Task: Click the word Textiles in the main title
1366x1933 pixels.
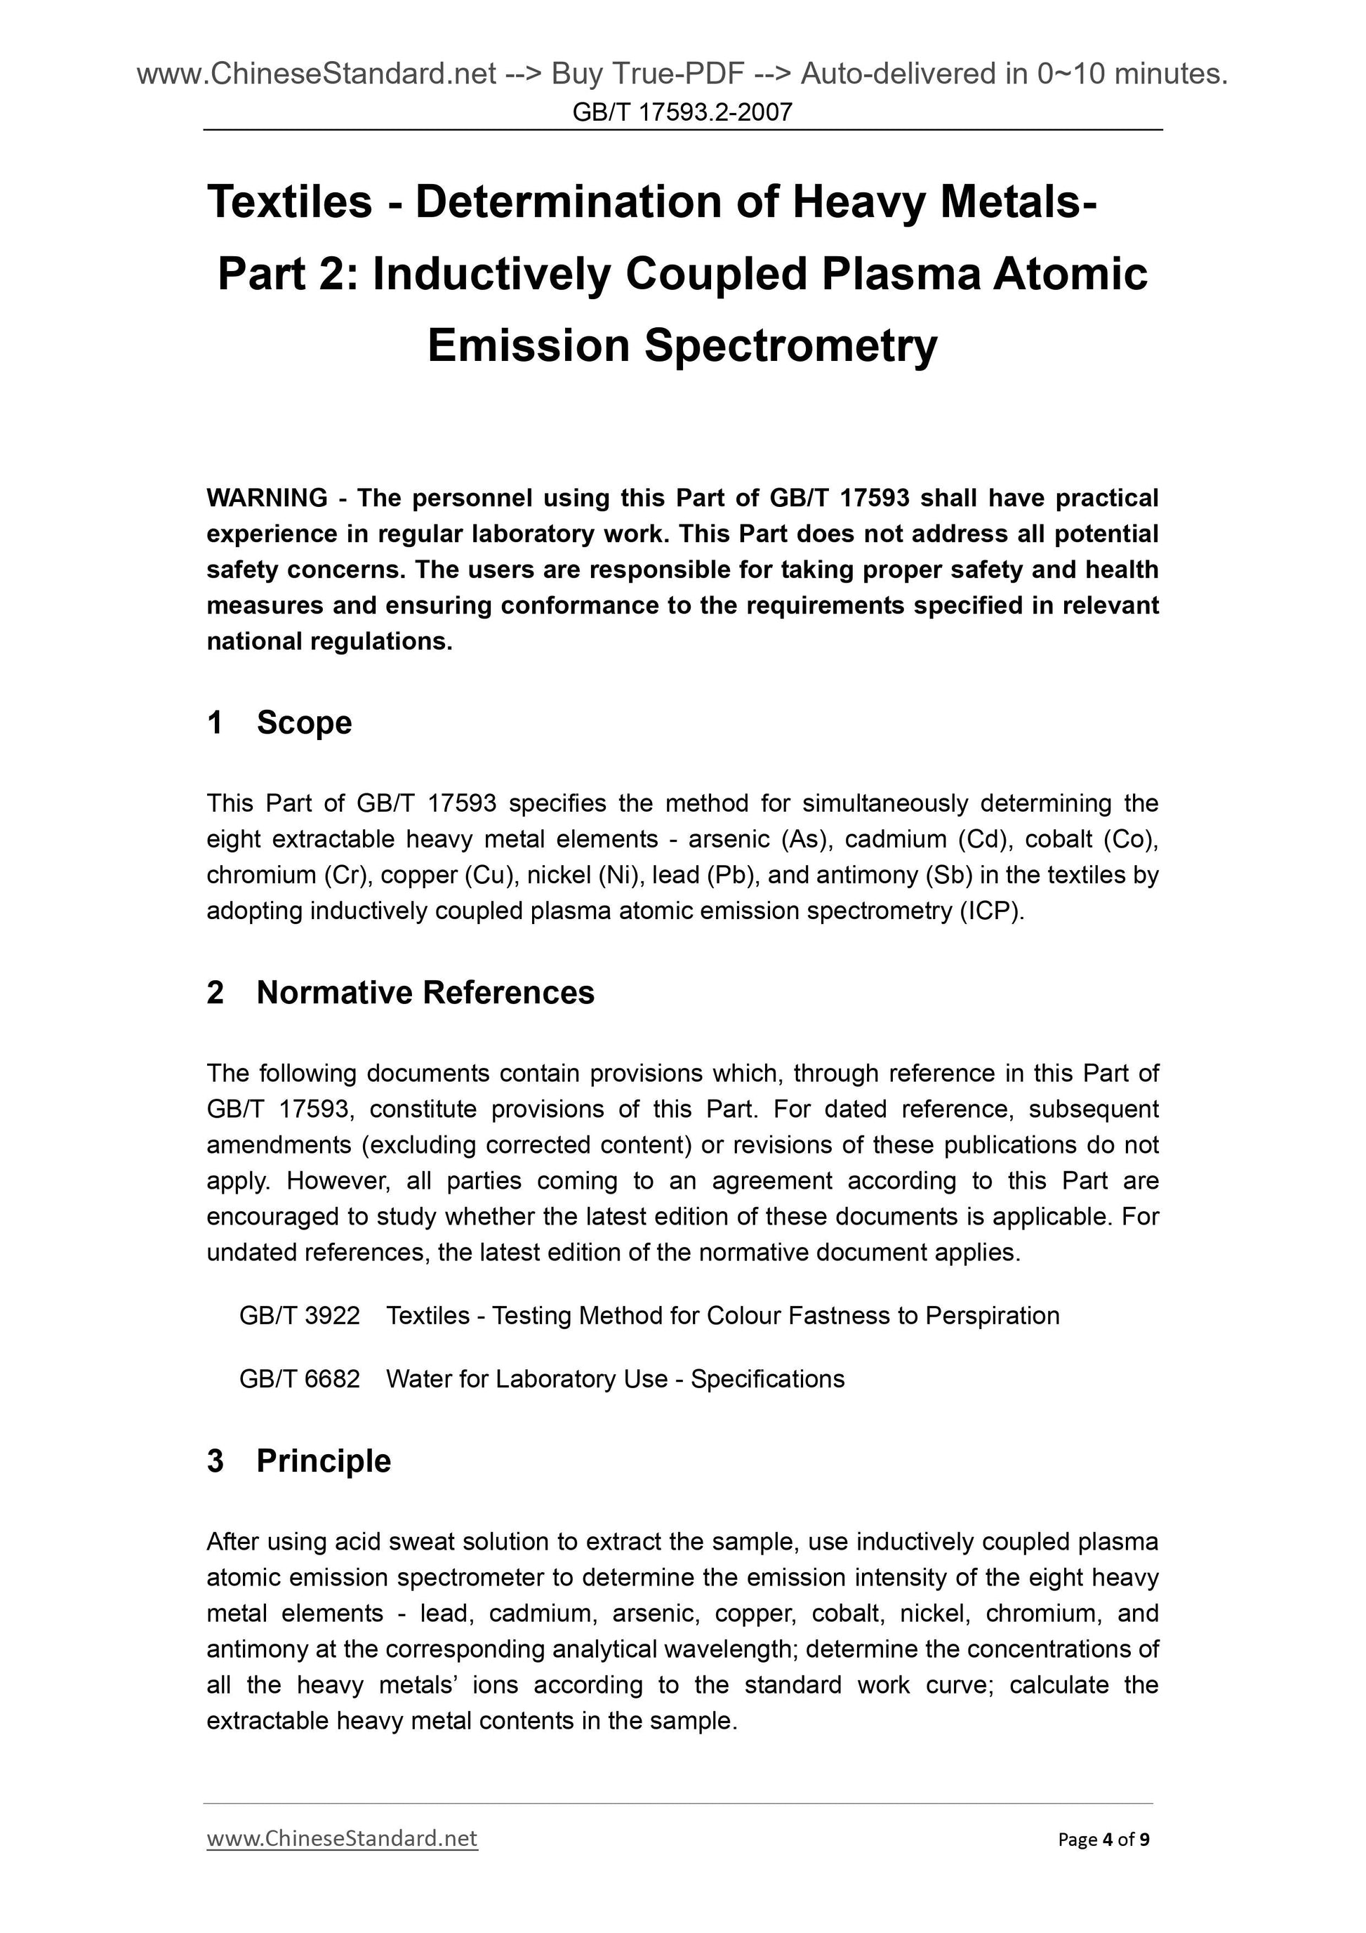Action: pyautogui.click(x=289, y=202)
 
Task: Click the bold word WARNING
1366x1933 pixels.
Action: pyautogui.click(x=267, y=498)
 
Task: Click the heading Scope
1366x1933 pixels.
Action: pyautogui.click(x=304, y=723)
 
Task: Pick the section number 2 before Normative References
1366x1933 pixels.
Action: pyautogui.click(x=215, y=993)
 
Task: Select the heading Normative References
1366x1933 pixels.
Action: pyautogui.click(x=425, y=993)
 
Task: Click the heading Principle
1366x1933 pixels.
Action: pyautogui.click(x=323, y=1460)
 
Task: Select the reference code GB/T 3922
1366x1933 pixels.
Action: pyautogui.click(x=300, y=1315)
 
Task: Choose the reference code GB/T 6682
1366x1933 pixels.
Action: pyautogui.click(x=300, y=1378)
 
